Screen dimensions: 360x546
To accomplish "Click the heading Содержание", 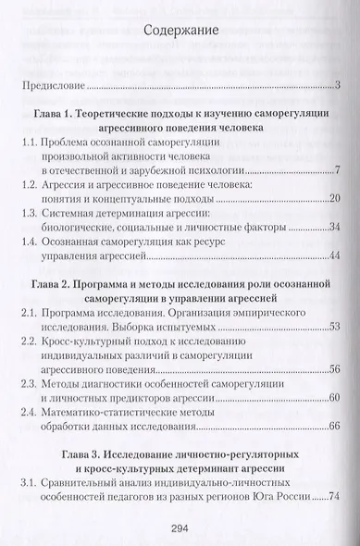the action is (180, 31).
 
